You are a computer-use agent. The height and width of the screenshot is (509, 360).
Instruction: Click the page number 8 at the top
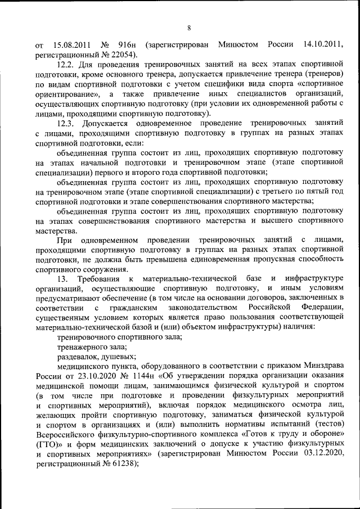189,28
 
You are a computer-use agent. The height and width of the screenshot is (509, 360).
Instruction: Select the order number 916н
129,45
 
